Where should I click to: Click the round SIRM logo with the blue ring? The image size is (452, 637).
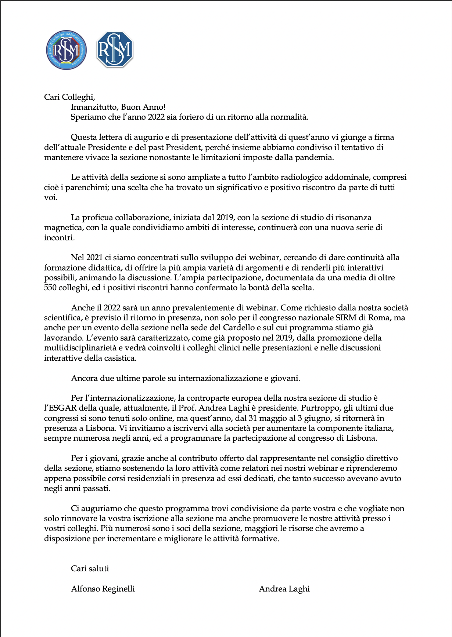pyautogui.click(x=67, y=50)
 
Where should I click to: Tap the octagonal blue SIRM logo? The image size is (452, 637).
pyautogui.click(x=115, y=50)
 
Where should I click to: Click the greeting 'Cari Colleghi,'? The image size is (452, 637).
pyautogui.click(x=69, y=97)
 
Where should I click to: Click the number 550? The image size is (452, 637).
pyautogui.click(x=50, y=288)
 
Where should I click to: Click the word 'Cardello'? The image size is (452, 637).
pyautogui.click(x=239, y=328)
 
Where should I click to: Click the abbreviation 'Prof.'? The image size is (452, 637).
pyautogui.click(x=188, y=408)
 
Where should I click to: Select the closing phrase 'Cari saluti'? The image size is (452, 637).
pyautogui.click(x=90, y=569)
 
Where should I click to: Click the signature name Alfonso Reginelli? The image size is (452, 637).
pyautogui.click(x=103, y=589)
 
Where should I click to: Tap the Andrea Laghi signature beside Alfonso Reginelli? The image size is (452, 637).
pyautogui.click(x=284, y=589)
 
